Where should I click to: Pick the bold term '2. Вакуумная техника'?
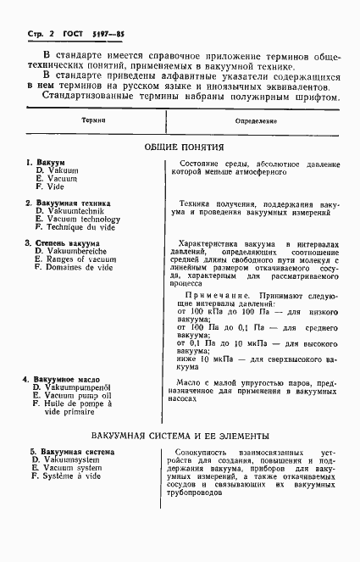click(x=64, y=203)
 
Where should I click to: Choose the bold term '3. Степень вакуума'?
click(x=62, y=243)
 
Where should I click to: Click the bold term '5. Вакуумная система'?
click(x=65, y=452)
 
